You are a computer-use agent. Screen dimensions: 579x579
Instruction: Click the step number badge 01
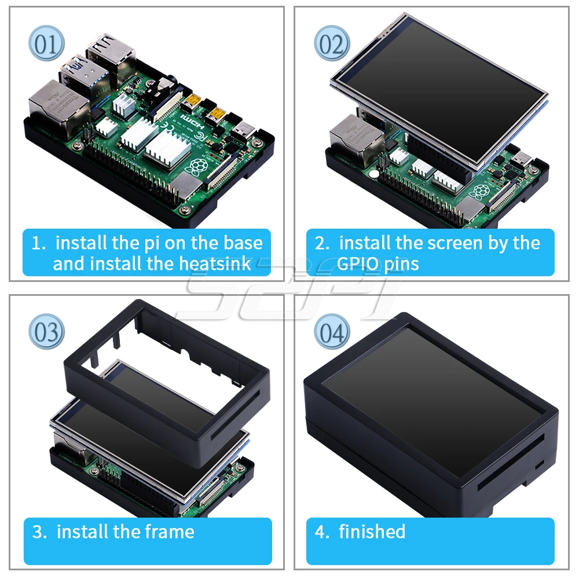click(47, 44)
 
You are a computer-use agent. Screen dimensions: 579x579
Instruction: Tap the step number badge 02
click(332, 44)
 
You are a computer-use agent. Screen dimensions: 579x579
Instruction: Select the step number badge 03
click(47, 332)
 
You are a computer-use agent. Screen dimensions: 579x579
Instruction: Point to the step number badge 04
click(332, 332)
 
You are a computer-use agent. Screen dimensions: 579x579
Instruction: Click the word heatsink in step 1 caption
click(215, 264)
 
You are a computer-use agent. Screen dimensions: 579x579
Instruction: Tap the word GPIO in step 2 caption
click(359, 264)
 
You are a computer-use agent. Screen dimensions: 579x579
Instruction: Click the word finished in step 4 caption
click(372, 532)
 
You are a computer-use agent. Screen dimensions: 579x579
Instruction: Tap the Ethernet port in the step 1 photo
click(53, 103)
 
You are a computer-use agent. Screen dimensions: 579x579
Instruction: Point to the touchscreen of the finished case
click(431, 400)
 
